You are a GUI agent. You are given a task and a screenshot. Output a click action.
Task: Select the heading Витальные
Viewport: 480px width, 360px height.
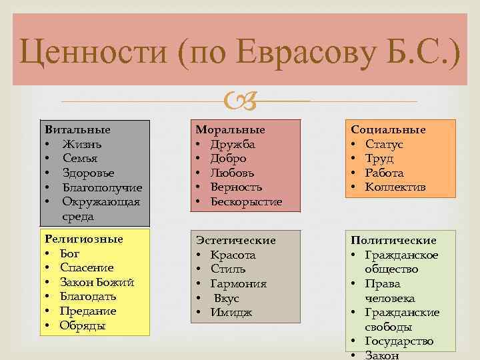tap(77, 129)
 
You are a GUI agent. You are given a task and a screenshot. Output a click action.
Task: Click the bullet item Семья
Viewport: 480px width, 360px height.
tap(80, 159)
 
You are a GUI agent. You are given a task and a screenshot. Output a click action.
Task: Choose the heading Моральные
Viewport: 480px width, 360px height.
tap(230, 129)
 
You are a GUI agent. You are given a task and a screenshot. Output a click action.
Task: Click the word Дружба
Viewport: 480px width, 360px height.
tap(233, 144)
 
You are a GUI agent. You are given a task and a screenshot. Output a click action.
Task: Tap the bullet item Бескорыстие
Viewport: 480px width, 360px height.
tap(246, 201)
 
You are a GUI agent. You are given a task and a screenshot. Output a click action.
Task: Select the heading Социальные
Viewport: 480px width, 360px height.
tap(389, 129)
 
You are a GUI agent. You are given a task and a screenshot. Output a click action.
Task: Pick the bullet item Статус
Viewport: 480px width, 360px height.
tap(384, 144)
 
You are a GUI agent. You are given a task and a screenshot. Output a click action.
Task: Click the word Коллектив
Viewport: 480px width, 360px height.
tap(395, 187)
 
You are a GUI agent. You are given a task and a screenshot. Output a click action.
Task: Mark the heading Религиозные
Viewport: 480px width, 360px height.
tap(83, 239)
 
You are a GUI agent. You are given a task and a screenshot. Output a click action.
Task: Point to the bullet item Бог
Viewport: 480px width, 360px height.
tap(69, 253)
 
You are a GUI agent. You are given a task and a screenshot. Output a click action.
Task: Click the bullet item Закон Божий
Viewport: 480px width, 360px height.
tap(97, 282)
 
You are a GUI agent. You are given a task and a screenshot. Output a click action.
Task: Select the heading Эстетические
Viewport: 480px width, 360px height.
tap(235, 240)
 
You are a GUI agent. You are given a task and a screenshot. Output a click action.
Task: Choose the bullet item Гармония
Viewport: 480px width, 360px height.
tap(239, 283)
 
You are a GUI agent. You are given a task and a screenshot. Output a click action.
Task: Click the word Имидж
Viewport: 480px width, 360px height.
tap(231, 313)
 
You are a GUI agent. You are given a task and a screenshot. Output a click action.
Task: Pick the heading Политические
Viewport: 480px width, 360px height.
tap(394, 240)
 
